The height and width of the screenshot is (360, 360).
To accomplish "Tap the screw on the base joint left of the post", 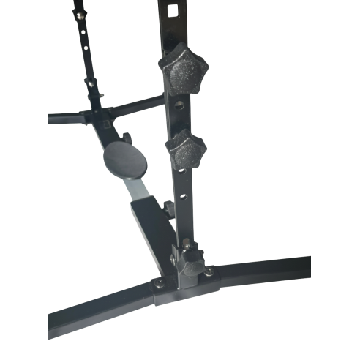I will pyautogui.click(x=156, y=280).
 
